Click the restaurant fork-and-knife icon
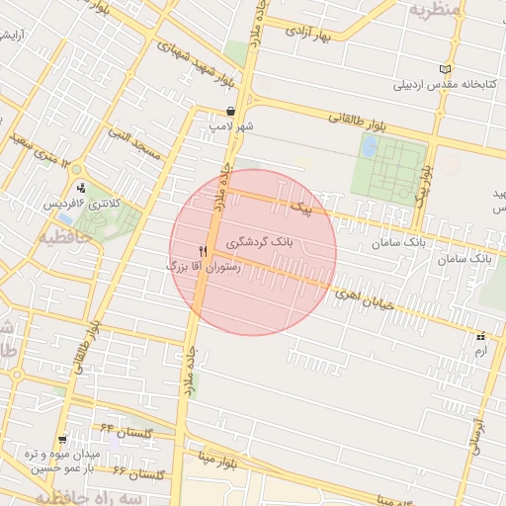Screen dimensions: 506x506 (x=203, y=251)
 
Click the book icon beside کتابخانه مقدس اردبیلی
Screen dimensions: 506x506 (x=449, y=69)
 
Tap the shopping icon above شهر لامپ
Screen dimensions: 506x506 (x=230, y=112)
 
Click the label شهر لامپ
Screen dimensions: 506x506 (x=231, y=126)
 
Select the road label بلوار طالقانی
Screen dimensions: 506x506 (x=359, y=123)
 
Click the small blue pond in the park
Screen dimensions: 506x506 (x=369, y=146)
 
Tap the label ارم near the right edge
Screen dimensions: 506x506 (x=481, y=352)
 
